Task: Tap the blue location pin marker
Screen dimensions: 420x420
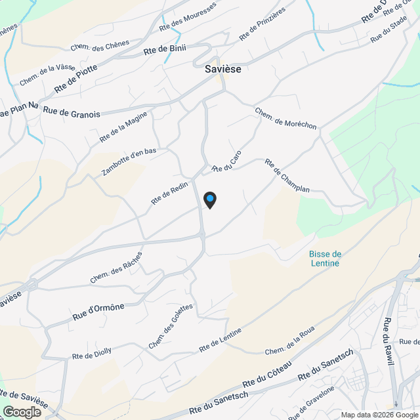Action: pyautogui.click(x=209, y=199)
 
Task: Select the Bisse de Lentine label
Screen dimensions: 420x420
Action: pyautogui.click(x=325, y=259)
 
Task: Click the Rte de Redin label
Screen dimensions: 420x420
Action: pyautogui.click(x=170, y=192)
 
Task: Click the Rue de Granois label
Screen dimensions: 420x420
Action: pyautogui.click(x=72, y=113)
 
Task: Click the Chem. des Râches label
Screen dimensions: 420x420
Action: pyautogui.click(x=116, y=267)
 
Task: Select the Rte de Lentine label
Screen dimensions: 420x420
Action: pyautogui.click(x=220, y=339)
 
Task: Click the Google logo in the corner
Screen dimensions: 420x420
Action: pyautogui.click(x=22, y=411)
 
